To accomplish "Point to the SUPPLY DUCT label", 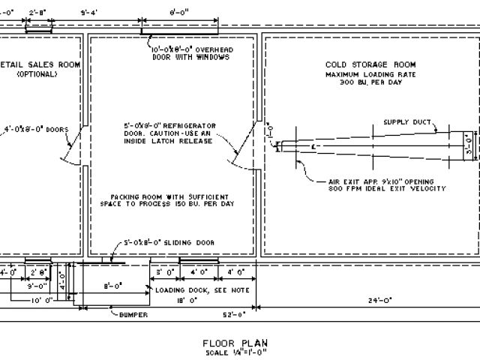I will [406, 121].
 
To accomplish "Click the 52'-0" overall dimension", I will [238, 314].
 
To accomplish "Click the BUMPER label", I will [134, 314].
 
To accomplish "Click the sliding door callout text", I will [170, 243].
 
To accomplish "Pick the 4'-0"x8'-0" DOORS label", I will [35, 128].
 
